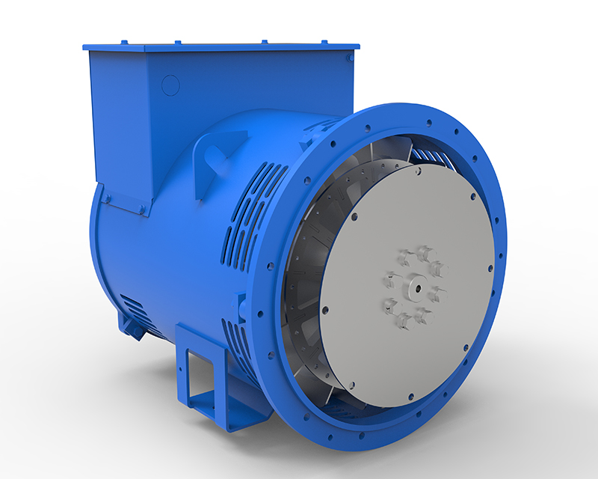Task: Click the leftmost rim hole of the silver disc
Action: pos(323,308)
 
